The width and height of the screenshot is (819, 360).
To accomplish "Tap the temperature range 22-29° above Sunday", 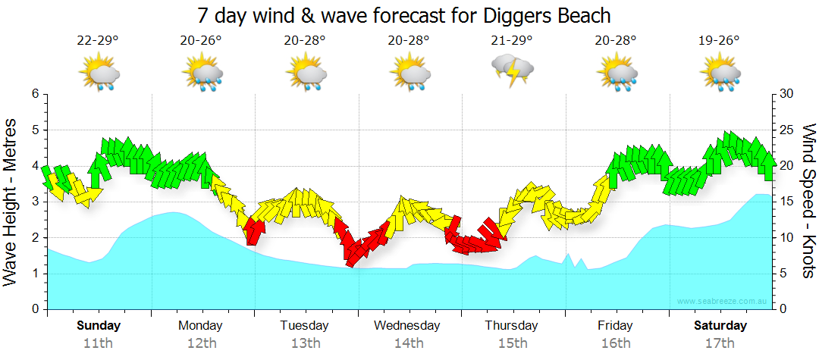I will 98,40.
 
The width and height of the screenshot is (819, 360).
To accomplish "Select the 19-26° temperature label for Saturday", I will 718,40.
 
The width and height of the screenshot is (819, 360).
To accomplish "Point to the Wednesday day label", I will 407,326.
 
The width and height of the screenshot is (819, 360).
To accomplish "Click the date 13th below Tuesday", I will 305,343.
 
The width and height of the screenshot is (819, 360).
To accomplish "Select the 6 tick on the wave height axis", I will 34,94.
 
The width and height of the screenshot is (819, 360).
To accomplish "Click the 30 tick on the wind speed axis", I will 786,94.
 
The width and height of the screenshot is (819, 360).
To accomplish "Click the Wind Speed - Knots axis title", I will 808,202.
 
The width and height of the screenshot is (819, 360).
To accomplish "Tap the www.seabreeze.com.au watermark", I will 723,301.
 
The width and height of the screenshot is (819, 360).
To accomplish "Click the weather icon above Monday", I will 202,74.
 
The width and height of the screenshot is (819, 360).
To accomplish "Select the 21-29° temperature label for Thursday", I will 512,40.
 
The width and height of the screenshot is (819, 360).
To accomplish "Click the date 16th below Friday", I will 615,343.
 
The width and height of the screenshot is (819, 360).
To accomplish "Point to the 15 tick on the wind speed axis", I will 786,202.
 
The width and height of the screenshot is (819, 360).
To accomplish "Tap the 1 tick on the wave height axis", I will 34,274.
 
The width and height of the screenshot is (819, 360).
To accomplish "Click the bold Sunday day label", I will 99,326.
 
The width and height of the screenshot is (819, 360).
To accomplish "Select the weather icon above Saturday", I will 720,74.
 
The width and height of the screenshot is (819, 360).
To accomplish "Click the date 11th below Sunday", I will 98,343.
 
